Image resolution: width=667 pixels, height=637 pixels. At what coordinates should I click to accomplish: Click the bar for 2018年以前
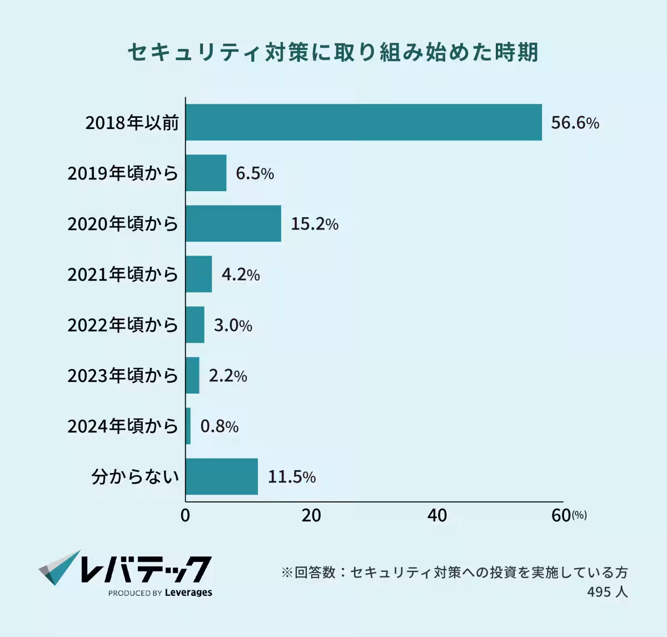[x=364, y=122]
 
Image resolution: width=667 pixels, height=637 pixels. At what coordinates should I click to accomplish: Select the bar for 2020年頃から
[x=233, y=223]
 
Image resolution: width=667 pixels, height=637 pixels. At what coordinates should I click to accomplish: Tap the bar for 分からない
[x=222, y=476]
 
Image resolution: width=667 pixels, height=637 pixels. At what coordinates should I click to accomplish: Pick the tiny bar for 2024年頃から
[x=188, y=426]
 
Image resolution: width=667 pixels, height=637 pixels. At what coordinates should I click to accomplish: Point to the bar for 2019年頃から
[x=206, y=173]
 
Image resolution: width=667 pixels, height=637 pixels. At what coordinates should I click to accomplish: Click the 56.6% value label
[x=575, y=123]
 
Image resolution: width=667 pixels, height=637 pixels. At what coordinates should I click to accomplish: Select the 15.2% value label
[x=315, y=224]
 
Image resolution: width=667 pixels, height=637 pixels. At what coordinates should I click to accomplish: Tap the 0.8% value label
[x=220, y=426]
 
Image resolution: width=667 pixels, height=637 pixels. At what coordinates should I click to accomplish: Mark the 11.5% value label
[x=292, y=477]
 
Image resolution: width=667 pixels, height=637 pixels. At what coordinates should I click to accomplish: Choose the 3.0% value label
[x=233, y=325]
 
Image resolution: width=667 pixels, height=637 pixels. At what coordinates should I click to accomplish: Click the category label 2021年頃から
[x=123, y=275]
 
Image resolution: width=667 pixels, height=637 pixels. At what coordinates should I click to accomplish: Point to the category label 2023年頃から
[x=123, y=376]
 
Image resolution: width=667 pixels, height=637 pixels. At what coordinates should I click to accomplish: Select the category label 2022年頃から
[x=123, y=325]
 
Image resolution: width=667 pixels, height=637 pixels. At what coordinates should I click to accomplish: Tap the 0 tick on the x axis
[x=185, y=516]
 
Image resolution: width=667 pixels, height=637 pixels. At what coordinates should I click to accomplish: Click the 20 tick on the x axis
[x=311, y=516]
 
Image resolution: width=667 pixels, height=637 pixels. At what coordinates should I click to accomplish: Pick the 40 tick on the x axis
[x=437, y=516]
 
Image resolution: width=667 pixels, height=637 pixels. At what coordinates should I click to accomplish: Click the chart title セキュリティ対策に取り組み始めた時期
[x=333, y=53]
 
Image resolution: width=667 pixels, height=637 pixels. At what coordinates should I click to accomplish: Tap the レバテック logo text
[x=146, y=569]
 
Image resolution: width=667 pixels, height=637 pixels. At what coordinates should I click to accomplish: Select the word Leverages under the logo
[x=188, y=593]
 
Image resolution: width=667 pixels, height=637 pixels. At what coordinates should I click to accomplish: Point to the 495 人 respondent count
[x=607, y=592]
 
